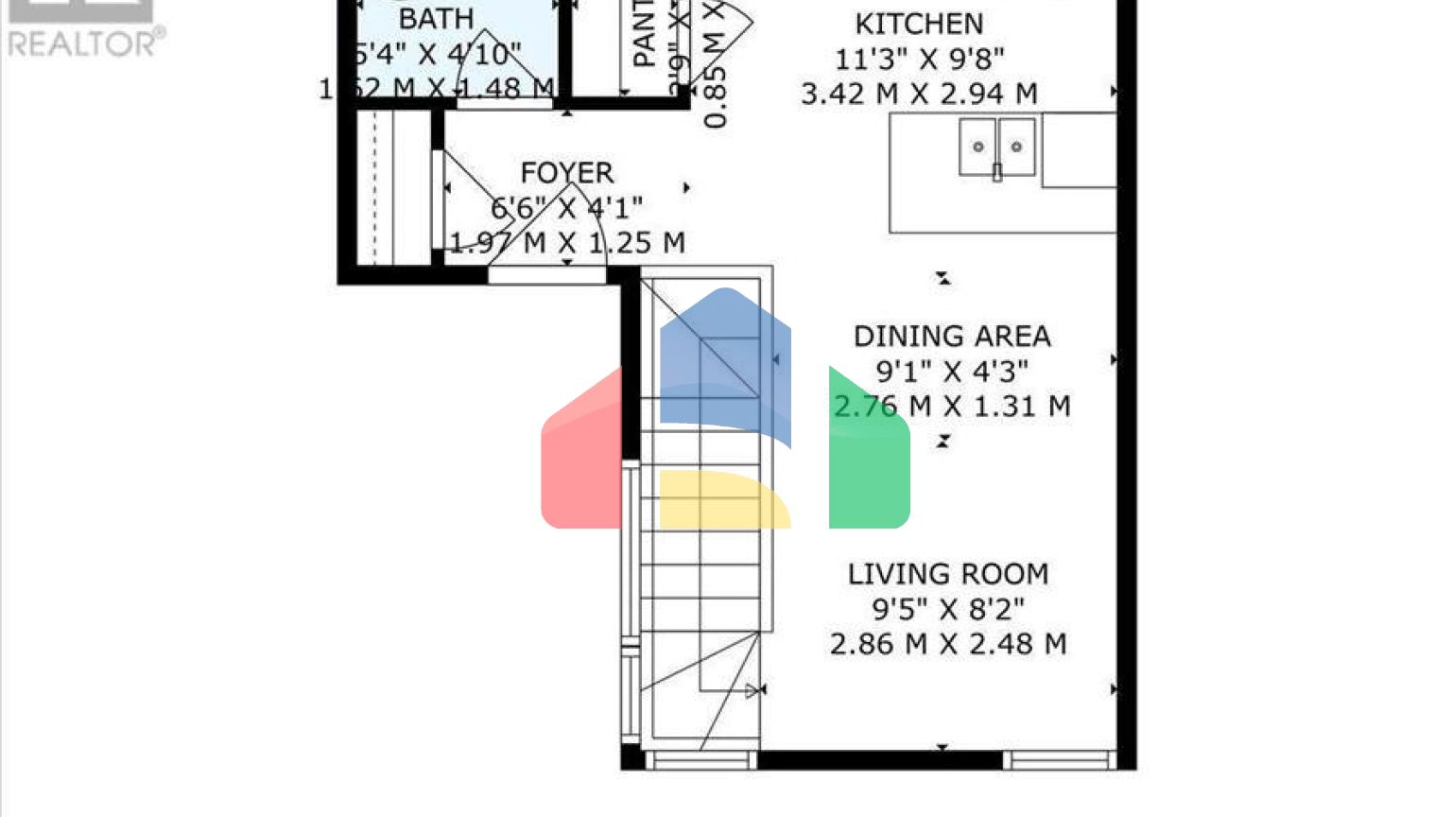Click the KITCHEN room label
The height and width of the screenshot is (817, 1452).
pyautogui.click(x=919, y=24)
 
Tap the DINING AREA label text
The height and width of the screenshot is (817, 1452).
pyautogui.click(x=951, y=337)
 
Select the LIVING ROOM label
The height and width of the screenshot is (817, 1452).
pyautogui.click(x=947, y=574)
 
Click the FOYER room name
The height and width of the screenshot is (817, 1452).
pyautogui.click(x=566, y=173)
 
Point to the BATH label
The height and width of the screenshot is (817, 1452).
pyautogui.click(x=436, y=19)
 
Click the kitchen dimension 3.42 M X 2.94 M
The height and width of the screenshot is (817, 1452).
pyautogui.click(x=919, y=94)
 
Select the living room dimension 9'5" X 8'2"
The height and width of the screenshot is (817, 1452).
pyautogui.click(x=947, y=609)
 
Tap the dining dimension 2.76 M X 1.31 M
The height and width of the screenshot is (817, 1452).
pyautogui.click(x=951, y=407)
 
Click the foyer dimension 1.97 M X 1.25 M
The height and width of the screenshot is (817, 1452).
pyautogui.click(x=566, y=243)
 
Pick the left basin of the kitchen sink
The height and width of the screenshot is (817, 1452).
pyautogui.click(x=978, y=146)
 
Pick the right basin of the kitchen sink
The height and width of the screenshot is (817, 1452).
pyautogui.click(x=1016, y=146)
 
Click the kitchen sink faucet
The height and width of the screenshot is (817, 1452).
pyautogui.click(x=996, y=172)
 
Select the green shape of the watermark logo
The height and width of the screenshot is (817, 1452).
pyautogui.click(x=868, y=454)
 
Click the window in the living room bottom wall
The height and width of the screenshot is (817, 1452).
pyautogui.click(x=1057, y=759)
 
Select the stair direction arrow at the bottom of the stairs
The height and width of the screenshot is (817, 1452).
pyautogui.click(x=753, y=691)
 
